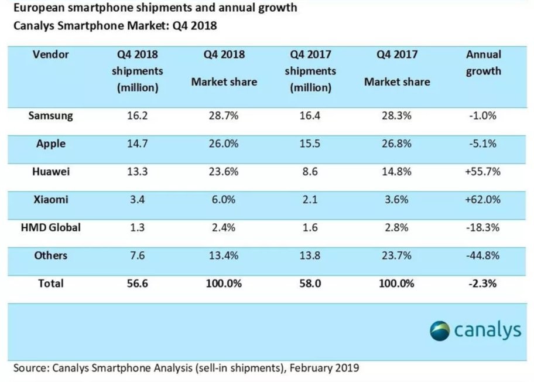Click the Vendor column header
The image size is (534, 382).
coord(51,54)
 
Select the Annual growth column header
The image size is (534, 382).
coord(484,63)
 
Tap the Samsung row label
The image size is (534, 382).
coord(51,115)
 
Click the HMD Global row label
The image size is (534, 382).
coord(51,227)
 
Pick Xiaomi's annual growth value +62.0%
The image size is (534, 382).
coord(483,200)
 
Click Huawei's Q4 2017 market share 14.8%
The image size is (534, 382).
coord(396,172)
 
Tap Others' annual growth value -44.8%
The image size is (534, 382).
coord(483,255)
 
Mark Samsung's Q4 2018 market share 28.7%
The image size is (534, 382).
coord(224,115)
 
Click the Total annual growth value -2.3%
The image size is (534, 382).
coord(484,284)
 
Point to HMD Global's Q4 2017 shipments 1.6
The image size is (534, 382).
coord(310,227)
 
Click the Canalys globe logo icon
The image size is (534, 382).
coord(440,330)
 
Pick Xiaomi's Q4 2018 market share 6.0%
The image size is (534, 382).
coord(224,200)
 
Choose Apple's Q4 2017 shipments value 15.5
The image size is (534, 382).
coord(310,144)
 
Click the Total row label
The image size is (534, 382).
coord(51,284)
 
